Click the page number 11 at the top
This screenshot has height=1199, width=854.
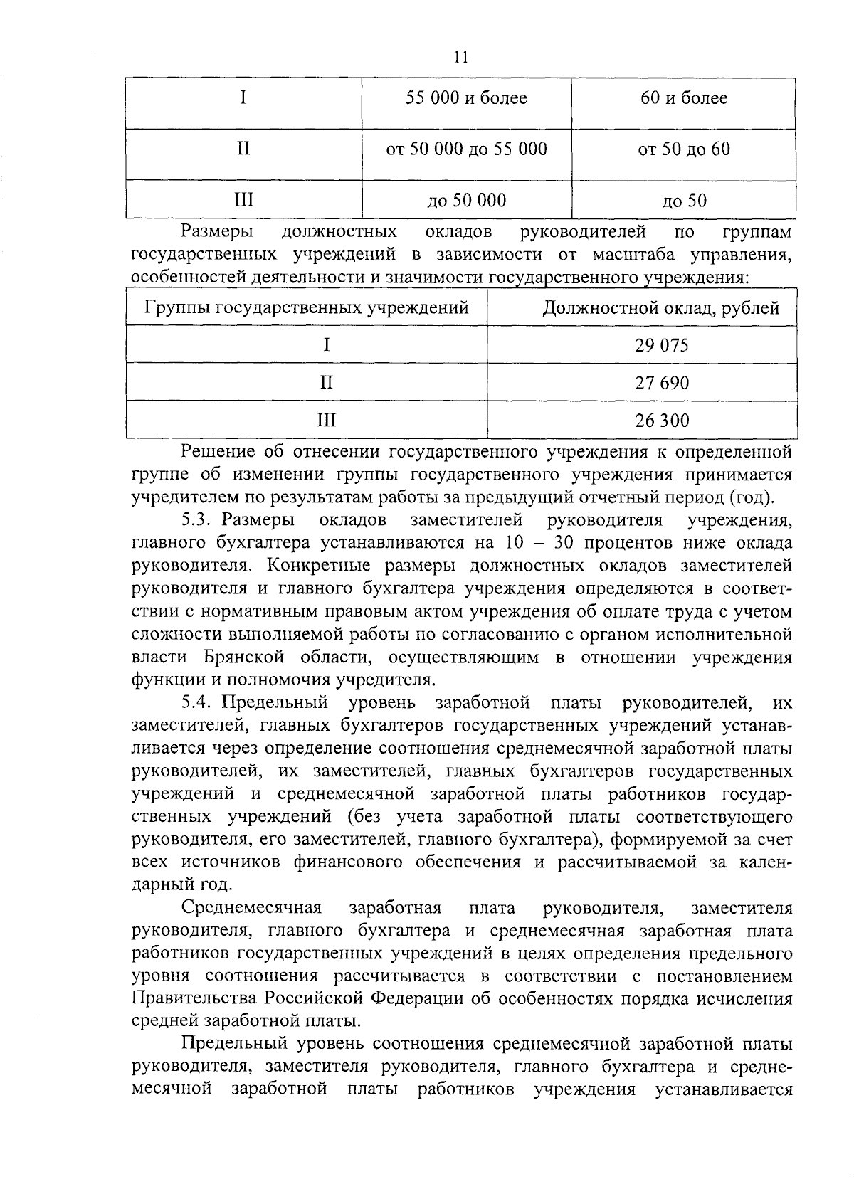460,58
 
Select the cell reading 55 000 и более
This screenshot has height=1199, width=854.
466,98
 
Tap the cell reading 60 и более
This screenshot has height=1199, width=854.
684,98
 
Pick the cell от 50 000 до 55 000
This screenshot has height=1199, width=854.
466,149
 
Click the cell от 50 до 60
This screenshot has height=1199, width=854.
684,149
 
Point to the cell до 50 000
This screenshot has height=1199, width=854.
466,201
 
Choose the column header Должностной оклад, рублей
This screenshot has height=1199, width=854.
660,308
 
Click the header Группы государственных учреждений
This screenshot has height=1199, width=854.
307,308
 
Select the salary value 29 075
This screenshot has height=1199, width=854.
662,346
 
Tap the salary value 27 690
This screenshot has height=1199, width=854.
662,384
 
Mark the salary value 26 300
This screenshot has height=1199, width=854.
662,421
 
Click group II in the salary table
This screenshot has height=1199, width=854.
326,384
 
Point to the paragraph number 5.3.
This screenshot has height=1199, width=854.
196,520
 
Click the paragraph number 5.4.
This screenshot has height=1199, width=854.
196,704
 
